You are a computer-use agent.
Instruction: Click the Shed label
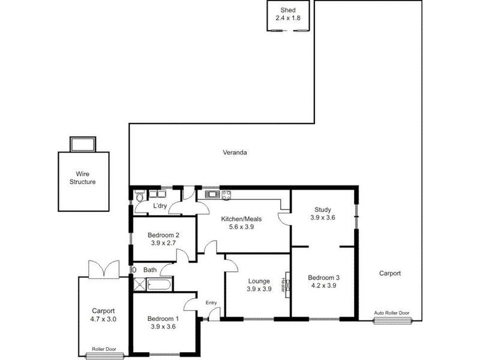(x=287, y=10)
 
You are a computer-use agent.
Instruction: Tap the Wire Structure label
(x=82, y=178)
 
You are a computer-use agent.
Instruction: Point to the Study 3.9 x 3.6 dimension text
(x=322, y=218)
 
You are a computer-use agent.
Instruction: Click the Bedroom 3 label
(x=323, y=277)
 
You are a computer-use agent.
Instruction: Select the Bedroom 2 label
(x=164, y=235)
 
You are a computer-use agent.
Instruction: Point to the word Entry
(x=211, y=302)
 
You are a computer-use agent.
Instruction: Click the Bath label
(x=149, y=270)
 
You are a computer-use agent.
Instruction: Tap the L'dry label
(x=160, y=206)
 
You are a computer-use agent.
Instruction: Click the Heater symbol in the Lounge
(x=286, y=282)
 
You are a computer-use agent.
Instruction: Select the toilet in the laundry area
(x=139, y=196)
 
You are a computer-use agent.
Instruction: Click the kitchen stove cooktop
(x=226, y=194)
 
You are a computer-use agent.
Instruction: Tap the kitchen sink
(x=212, y=194)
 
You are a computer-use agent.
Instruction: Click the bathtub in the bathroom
(x=160, y=284)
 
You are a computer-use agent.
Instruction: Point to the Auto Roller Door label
(x=392, y=313)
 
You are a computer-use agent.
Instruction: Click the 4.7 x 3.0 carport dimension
(x=103, y=319)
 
